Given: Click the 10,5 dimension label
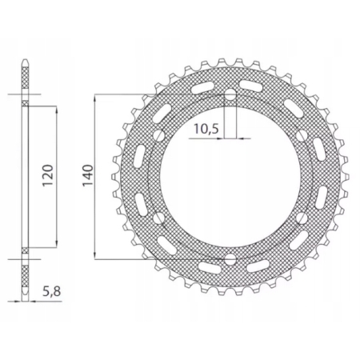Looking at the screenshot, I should pyautogui.click(x=205, y=129).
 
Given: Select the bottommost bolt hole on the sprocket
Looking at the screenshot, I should pyautogui.click(x=230, y=258).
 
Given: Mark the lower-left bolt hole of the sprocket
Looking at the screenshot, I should pyautogui.click(x=160, y=218).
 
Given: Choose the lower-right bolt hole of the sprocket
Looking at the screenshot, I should pyautogui.click(x=301, y=218).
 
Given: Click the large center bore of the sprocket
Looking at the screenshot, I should pyautogui.click(x=230, y=177).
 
